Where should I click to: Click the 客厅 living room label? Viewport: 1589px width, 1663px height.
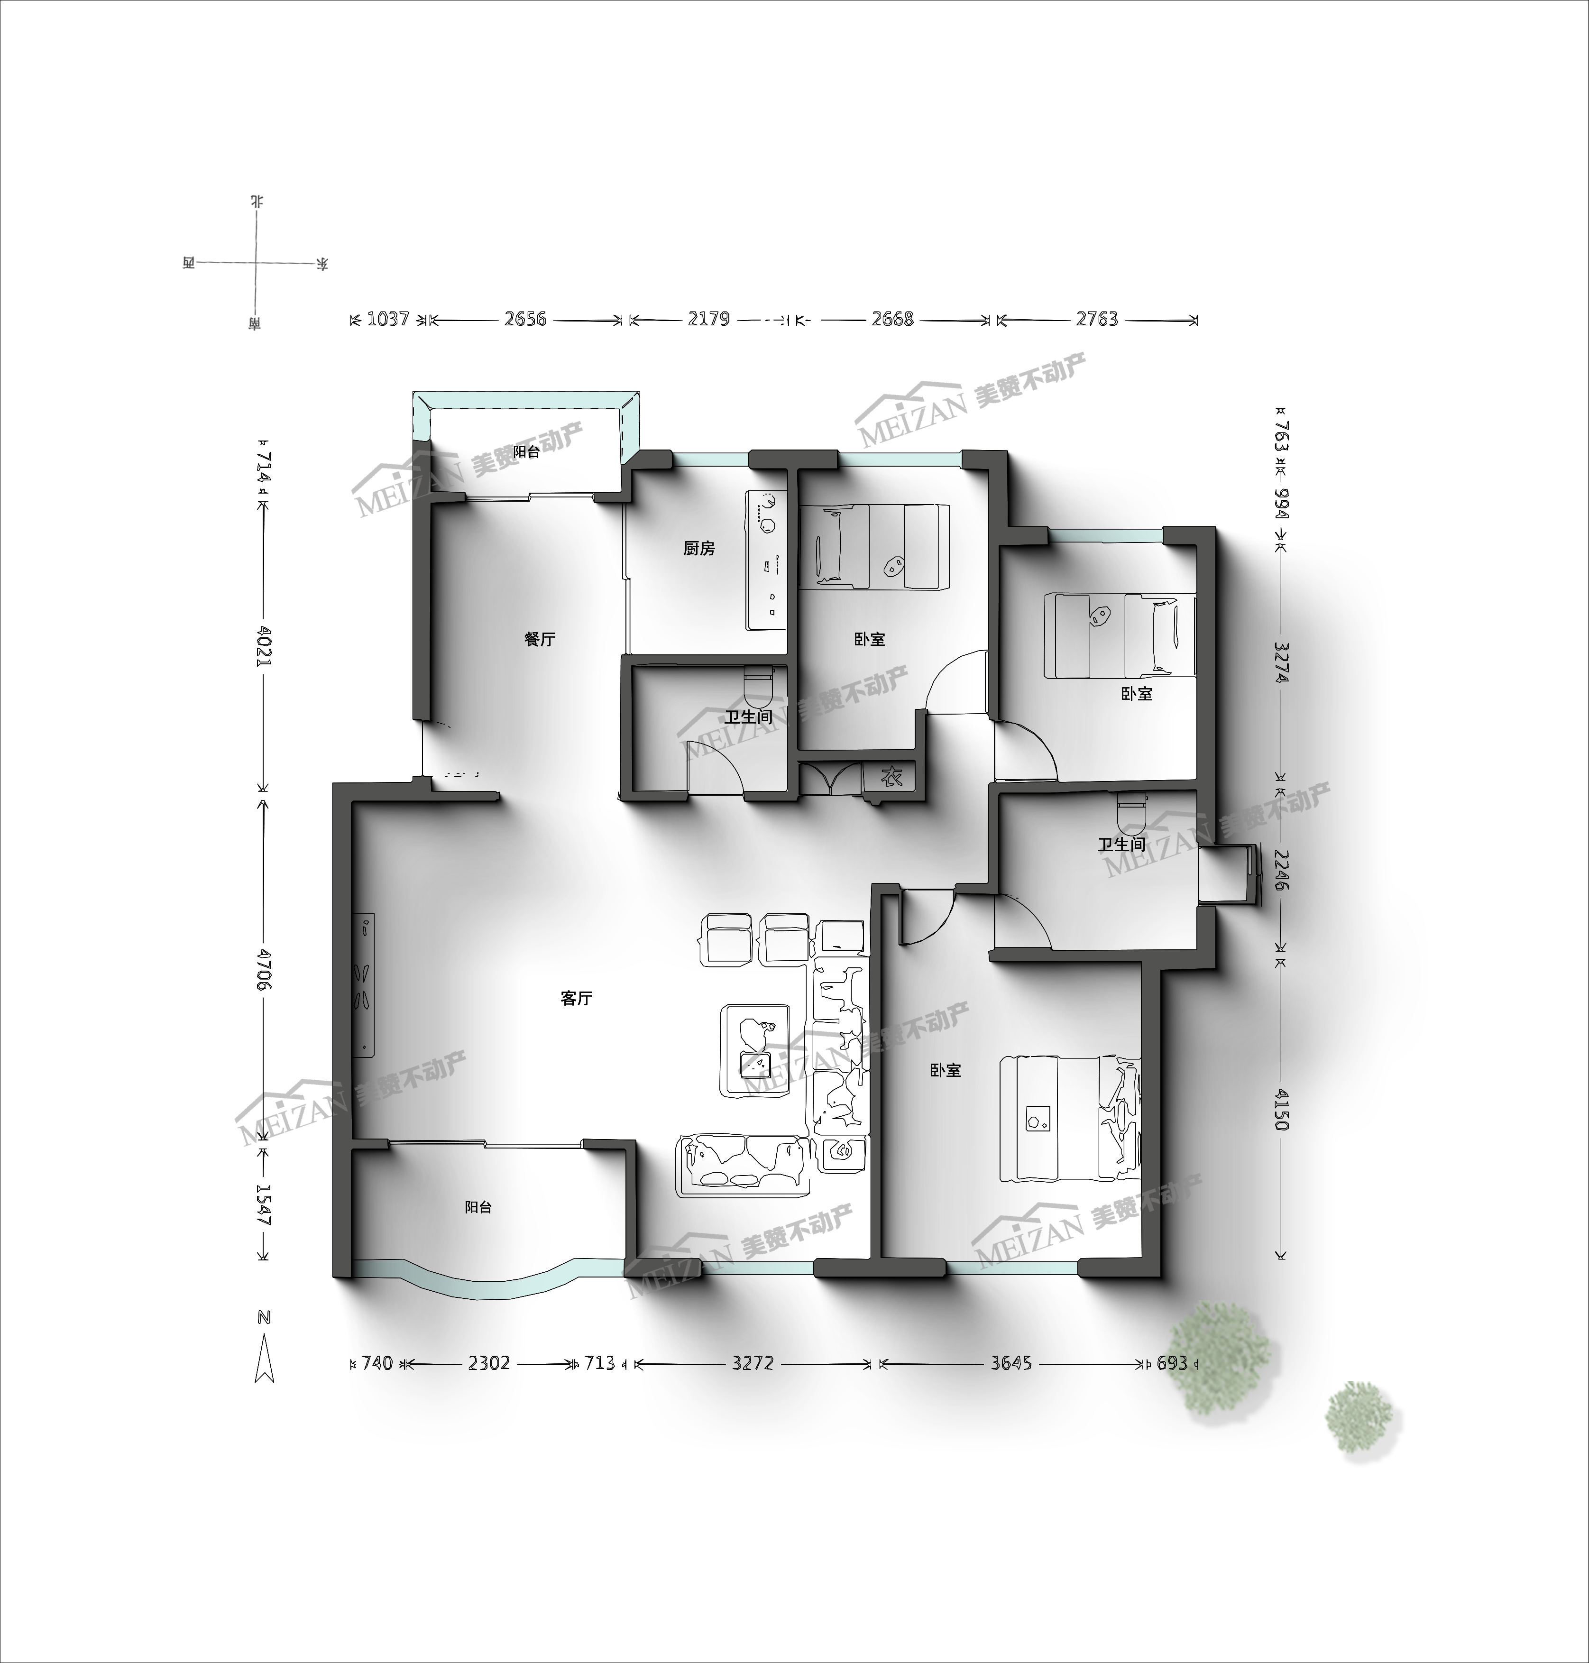pyautogui.click(x=576, y=999)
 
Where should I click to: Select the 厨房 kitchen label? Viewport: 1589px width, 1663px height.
pyautogui.click(x=699, y=549)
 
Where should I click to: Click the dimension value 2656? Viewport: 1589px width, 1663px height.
pyautogui.click(x=525, y=320)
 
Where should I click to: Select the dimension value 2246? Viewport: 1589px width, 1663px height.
pyautogui.click(x=1281, y=871)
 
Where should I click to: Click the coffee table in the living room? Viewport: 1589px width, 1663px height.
pyautogui.click(x=755, y=1050)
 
